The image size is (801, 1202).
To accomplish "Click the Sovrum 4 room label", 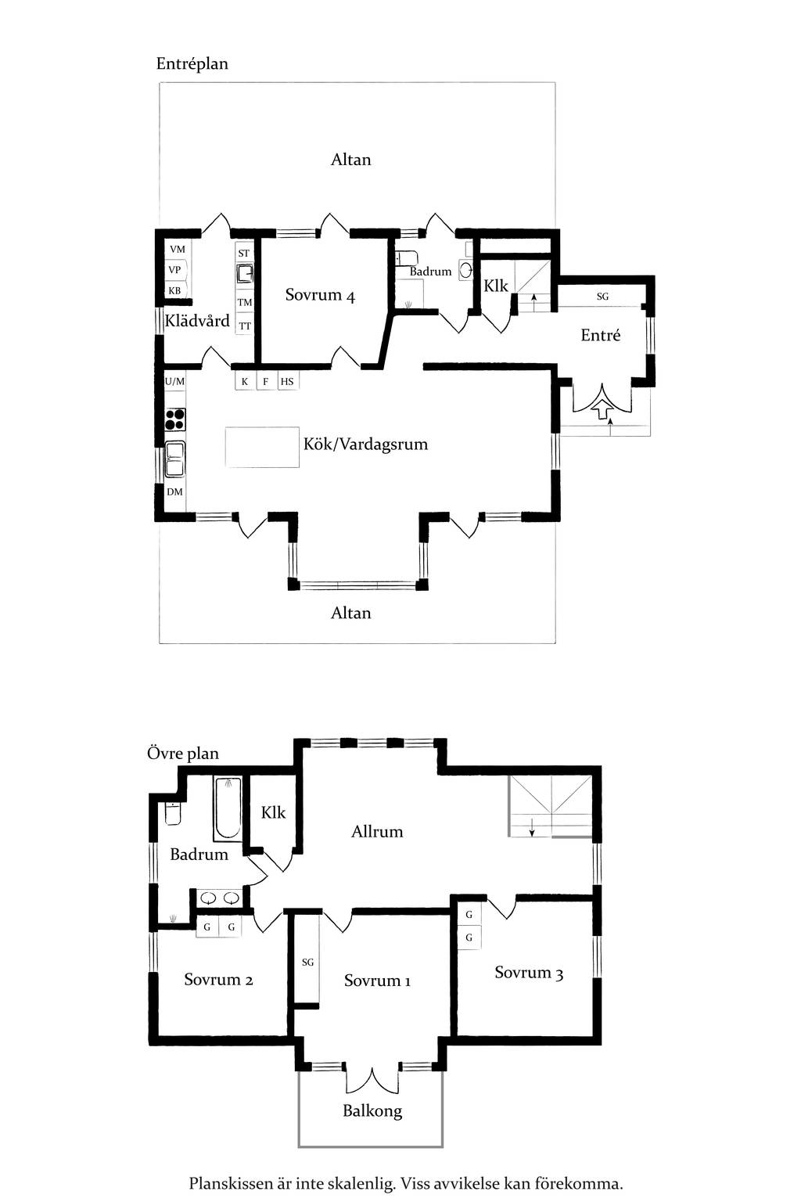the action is pos(320,294).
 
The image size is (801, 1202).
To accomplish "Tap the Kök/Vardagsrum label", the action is pos(365,444).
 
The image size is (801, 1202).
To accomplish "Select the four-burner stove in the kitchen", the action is pos(175,419).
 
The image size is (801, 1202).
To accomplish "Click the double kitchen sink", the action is pos(174,459).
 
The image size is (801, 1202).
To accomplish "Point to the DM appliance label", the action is pos(174,491).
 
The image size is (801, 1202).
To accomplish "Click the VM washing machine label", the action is pos(177,249).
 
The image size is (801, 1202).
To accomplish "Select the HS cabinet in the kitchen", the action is pos(287,382).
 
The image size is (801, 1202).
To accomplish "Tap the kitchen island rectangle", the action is pos(262,447).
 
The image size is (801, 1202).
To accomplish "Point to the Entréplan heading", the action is pos(192,64).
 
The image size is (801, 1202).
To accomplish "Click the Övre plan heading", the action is pos(183,754).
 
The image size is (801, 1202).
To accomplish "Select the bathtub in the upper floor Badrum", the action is pos(228,810).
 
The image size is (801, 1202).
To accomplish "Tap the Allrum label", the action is pos(376,832).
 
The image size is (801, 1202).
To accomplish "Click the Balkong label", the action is pos(372,1110).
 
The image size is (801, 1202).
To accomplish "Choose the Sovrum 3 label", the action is pos(529,973).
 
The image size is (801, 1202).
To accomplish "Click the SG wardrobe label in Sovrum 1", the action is pos(307,963).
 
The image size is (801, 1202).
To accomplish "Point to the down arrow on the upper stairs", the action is pos(532,826).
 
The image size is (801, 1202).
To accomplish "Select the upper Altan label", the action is pos(351,160).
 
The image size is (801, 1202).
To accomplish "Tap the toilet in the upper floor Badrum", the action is pos(173,814).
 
